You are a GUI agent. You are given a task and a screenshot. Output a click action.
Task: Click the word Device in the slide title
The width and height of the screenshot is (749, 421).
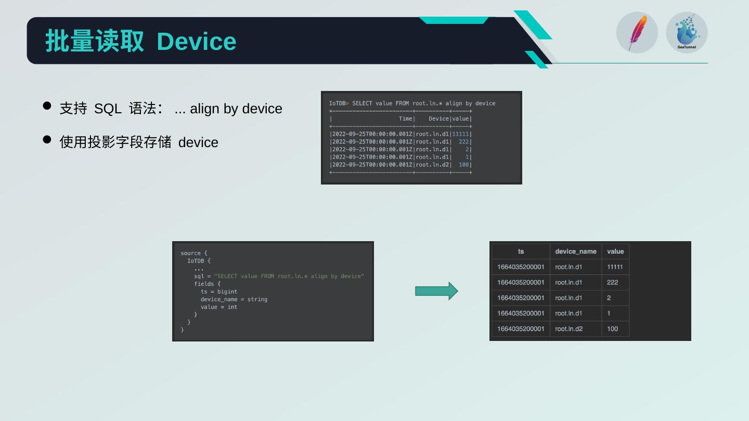[x=196, y=42]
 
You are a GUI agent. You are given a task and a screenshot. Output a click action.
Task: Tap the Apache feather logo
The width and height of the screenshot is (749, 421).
[x=637, y=33]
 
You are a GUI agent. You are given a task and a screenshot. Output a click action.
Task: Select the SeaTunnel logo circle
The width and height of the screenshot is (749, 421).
[x=687, y=33]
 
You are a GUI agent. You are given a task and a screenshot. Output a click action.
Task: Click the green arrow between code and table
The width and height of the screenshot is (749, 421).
[x=436, y=291]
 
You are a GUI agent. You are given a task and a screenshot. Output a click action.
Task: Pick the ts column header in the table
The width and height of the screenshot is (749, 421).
[x=521, y=252]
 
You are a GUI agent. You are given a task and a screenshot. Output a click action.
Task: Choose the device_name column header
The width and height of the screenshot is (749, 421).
[x=575, y=252]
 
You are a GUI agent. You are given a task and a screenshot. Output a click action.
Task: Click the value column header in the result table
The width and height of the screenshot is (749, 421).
[x=615, y=252]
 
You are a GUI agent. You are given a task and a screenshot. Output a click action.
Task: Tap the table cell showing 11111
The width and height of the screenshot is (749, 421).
[x=615, y=267]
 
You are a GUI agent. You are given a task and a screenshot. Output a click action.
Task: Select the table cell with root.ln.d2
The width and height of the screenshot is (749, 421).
[x=569, y=329]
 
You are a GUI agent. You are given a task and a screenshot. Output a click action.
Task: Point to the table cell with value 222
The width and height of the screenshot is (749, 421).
[x=612, y=282]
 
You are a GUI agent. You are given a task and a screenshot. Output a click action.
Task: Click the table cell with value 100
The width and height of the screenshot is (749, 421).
[x=612, y=329]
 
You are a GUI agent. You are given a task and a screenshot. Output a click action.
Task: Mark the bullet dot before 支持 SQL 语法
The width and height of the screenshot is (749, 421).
[x=47, y=106]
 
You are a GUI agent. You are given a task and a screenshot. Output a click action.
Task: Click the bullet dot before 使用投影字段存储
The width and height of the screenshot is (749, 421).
[x=47, y=139]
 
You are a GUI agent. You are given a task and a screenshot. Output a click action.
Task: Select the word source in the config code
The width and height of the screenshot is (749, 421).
[x=190, y=253]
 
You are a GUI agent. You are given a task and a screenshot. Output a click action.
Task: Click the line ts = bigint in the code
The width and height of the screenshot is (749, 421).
[x=218, y=292]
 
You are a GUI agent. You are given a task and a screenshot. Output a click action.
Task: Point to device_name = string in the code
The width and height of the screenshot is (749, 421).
[x=234, y=299]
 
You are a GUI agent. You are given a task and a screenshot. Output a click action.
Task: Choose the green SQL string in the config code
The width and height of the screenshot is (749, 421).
[x=289, y=276]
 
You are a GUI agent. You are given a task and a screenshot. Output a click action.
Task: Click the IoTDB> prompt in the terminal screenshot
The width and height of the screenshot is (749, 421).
[x=339, y=103]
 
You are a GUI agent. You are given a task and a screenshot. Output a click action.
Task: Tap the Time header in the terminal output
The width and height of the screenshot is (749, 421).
[x=406, y=119]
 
